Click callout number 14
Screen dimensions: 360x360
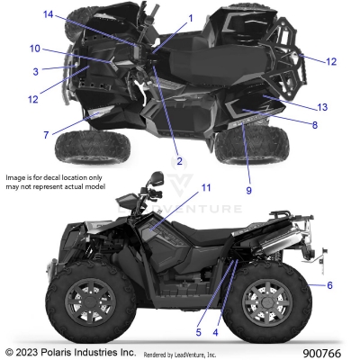tap(48, 14)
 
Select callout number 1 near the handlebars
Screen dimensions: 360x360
tap(190, 18)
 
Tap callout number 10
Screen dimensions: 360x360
tap(35, 49)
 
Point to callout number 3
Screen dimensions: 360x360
tap(35, 70)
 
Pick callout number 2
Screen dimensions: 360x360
tap(179, 161)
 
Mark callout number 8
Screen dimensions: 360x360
tap(314, 124)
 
